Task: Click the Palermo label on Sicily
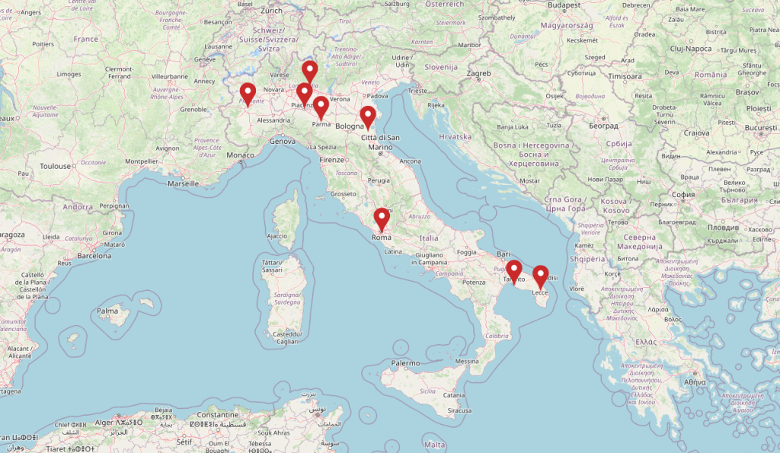(405, 363)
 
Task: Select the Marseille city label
(183, 183)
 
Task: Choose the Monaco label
(241, 155)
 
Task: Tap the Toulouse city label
(56, 166)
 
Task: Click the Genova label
(282, 142)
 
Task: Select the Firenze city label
(332, 160)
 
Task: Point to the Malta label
(434, 444)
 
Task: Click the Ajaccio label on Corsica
(277, 236)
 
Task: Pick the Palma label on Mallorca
(107, 311)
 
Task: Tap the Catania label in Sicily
(454, 395)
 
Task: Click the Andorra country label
(78, 206)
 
